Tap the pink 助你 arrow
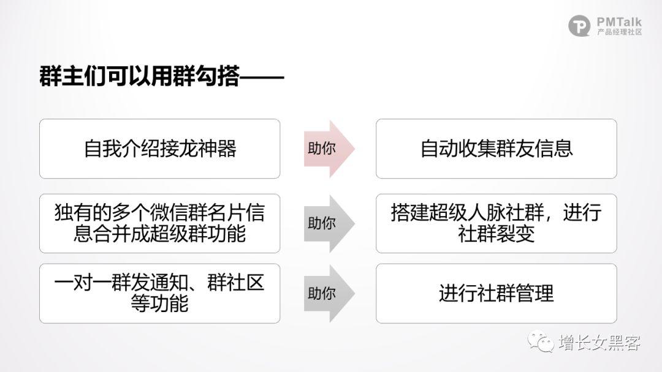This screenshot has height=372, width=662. click(329, 149)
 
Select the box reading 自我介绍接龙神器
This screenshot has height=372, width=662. click(159, 149)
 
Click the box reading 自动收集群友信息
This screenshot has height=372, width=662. click(496, 149)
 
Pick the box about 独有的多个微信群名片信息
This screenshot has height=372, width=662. click(159, 223)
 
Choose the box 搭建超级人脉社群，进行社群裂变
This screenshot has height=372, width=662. click(496, 223)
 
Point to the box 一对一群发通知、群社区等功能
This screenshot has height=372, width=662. click(159, 294)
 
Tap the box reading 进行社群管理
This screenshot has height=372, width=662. click(496, 294)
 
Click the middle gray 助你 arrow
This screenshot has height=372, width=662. click(329, 223)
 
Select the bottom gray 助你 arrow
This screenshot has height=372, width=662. click(329, 294)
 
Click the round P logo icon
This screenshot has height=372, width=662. click(579, 26)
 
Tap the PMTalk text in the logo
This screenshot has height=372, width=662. click(619, 22)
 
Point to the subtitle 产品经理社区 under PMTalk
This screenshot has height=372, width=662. click(619, 32)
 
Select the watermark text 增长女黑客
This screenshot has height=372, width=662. click(600, 342)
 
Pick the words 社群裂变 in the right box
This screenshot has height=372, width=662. click(496, 234)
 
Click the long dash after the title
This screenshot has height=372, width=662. click(262, 77)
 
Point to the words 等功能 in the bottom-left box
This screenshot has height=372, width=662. click(159, 303)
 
